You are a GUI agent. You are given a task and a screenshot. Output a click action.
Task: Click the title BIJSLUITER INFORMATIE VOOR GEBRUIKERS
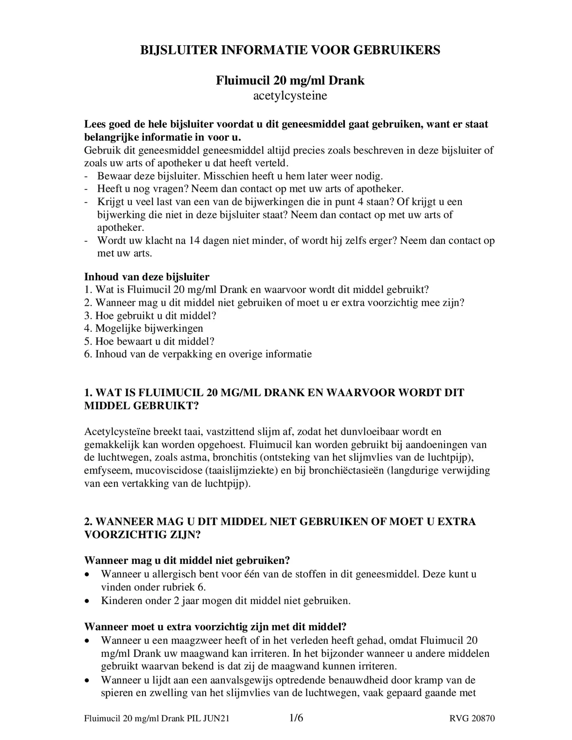click(290, 50)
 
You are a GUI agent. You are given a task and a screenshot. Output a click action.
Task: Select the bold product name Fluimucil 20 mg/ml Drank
click(290, 80)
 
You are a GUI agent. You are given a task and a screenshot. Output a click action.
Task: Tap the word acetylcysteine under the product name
click(290, 95)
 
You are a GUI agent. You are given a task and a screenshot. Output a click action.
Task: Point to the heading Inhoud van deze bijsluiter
click(147, 277)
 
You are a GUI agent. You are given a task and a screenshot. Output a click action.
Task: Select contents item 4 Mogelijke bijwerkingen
click(144, 328)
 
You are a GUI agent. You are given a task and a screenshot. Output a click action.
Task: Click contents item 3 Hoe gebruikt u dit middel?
click(150, 316)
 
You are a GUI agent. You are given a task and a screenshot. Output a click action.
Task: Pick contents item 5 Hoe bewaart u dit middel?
click(149, 341)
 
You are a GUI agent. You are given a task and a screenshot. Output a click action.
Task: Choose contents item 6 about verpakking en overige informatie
click(198, 354)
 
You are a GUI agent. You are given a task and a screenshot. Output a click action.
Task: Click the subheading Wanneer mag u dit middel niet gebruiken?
click(187, 560)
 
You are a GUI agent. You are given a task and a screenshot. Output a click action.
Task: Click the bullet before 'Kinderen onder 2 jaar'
click(88, 601)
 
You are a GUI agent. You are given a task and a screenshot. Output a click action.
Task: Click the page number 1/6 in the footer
click(296, 718)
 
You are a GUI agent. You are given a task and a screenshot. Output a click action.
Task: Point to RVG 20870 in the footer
click(472, 719)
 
